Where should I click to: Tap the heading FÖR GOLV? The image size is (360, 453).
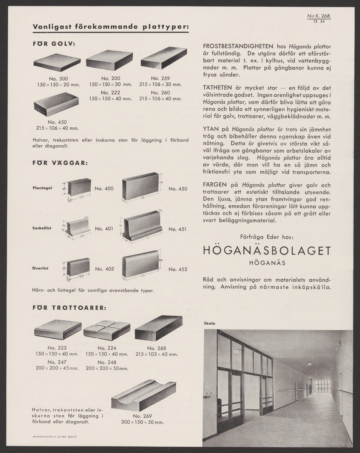[54, 44]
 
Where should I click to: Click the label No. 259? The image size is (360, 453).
[160, 79]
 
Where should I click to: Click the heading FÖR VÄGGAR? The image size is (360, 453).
[60, 163]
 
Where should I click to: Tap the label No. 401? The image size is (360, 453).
[104, 228]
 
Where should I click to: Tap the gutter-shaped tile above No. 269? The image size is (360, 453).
[144, 396]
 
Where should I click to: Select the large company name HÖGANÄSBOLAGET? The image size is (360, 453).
[267, 251]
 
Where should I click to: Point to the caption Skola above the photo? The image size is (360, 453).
[209, 324]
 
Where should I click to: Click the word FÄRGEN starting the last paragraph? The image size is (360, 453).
[215, 185]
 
